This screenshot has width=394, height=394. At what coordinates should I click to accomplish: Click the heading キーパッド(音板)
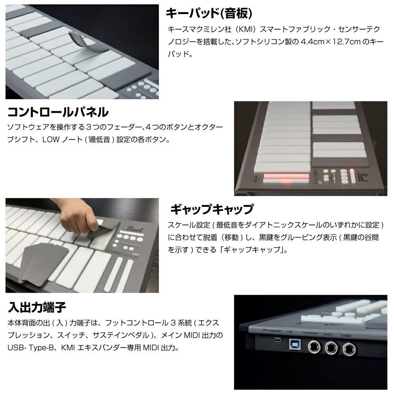point(208,13)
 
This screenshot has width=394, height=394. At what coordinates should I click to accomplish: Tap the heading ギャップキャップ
point(211,209)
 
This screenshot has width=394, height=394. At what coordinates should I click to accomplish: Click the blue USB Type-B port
point(294,345)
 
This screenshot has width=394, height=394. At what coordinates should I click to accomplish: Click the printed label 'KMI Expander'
point(271,331)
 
